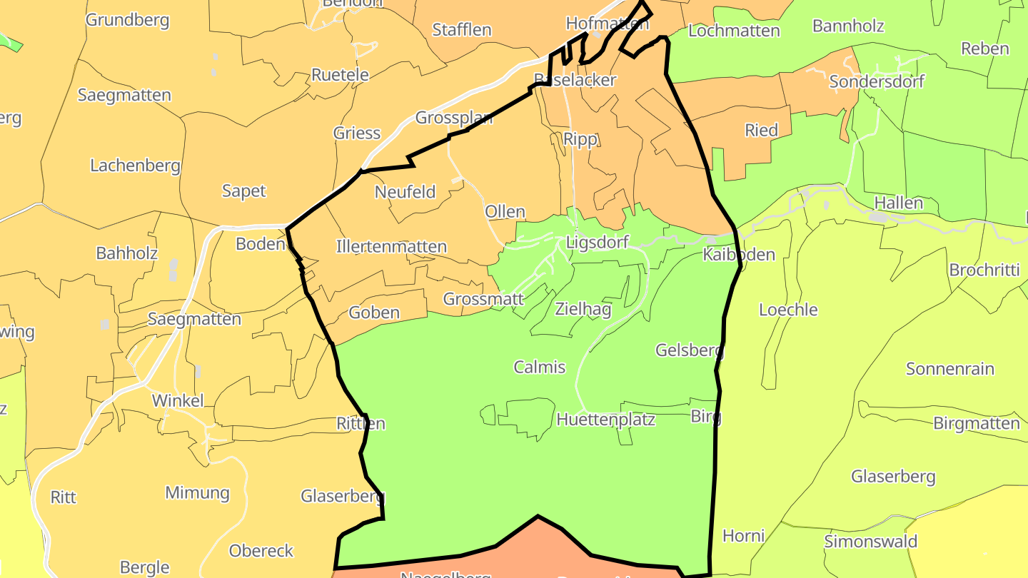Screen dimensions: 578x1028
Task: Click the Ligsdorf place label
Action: [597, 242]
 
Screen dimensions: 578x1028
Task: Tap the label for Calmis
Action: [540, 367]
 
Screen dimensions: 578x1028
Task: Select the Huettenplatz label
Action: [606, 419]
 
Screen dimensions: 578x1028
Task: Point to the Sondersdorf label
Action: [877, 81]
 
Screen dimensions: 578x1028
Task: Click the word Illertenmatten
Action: [391, 247]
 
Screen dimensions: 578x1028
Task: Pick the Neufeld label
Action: [405, 192]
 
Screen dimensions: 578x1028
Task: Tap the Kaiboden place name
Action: [739, 255]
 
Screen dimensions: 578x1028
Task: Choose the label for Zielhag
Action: [583, 309]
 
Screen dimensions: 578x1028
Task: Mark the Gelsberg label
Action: [690, 350]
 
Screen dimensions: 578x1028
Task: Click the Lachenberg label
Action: [135, 166]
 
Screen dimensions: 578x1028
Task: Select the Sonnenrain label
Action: [950, 369]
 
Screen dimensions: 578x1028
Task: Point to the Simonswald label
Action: [871, 541]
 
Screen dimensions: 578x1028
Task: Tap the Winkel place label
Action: [178, 400]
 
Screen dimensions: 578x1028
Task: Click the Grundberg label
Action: [128, 19]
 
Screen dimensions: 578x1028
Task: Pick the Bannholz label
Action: [848, 26]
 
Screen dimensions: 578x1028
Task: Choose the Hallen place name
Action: [899, 203]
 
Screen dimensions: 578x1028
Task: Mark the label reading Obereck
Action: [261, 551]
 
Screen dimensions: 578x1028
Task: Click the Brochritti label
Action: [984, 270]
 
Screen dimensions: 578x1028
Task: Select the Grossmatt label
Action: [484, 299]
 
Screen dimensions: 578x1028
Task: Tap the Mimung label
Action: [198, 492]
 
